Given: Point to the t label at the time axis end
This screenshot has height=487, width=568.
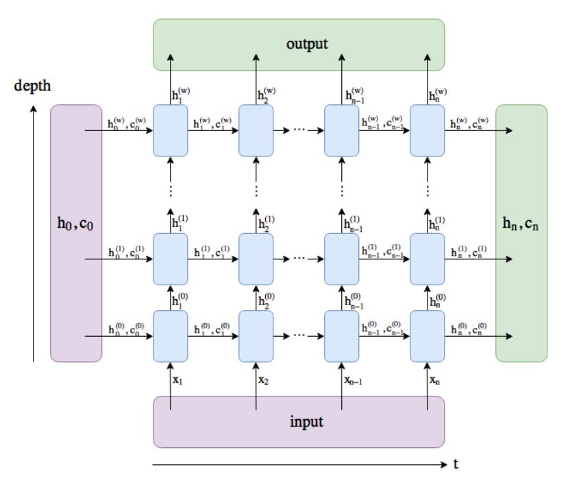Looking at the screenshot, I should [x=456, y=464].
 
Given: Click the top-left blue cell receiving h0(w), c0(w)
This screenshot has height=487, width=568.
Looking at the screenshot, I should [x=171, y=130].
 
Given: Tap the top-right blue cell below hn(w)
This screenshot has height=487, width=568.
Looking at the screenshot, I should [x=428, y=130].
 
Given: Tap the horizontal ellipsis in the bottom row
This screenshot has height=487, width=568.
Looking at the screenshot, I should [x=299, y=336].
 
